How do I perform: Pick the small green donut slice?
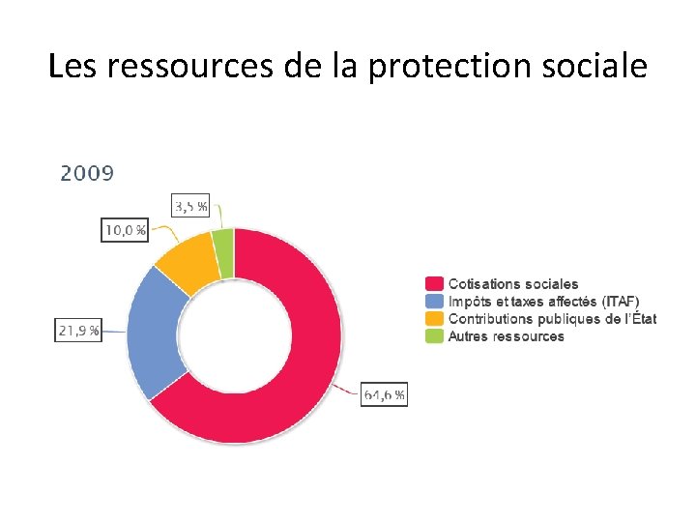click(x=223, y=253)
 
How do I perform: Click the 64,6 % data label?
click(x=384, y=394)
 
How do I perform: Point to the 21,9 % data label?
click(x=79, y=331)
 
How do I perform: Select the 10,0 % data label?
click(x=125, y=230)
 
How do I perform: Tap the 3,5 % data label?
click(x=189, y=206)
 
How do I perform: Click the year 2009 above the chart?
click(x=87, y=174)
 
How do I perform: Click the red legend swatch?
click(x=434, y=284)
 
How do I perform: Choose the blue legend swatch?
click(x=434, y=302)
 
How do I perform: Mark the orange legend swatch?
click(x=434, y=319)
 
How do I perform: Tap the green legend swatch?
click(x=434, y=336)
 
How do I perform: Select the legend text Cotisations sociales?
click(x=513, y=284)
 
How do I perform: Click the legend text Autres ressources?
click(x=506, y=336)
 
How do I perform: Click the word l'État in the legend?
click(x=638, y=319)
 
